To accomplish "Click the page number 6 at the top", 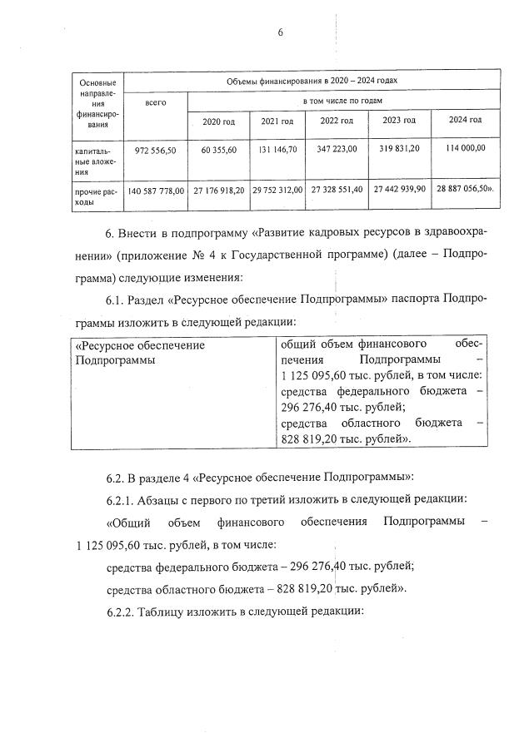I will point(281,32).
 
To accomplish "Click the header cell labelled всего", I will point(155,102).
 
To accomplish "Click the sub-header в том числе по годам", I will point(343,100).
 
